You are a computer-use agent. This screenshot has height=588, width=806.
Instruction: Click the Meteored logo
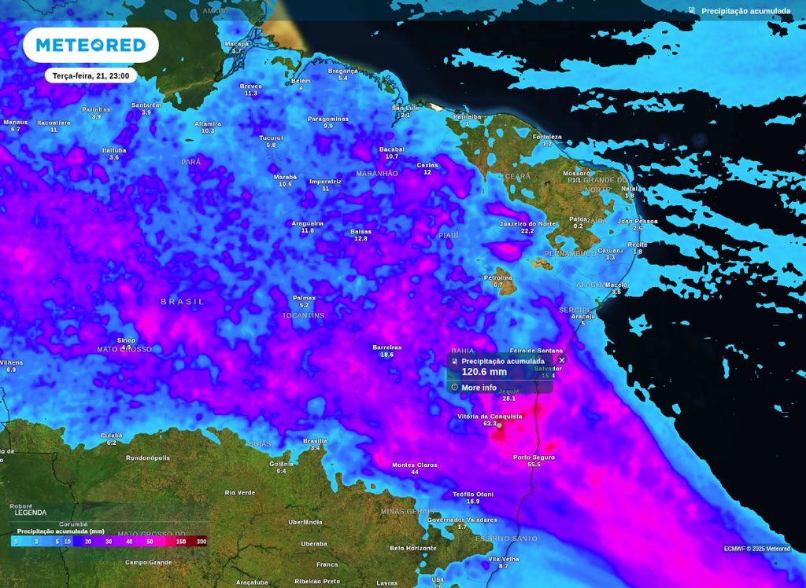tap(91, 45)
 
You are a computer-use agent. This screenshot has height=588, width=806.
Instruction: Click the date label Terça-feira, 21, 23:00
tap(91, 75)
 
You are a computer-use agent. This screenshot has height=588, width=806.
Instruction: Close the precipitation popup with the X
tap(561, 360)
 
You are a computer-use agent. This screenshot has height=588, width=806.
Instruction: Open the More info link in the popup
tap(479, 388)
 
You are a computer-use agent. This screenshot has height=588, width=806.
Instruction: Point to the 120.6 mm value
tap(483, 372)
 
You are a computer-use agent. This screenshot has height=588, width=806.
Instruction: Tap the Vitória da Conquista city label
tap(490, 417)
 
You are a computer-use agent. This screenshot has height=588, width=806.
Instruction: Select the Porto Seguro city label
tap(534, 458)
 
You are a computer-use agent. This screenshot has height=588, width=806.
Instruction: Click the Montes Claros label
tap(415, 465)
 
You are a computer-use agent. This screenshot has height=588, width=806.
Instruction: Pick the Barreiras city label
tap(387, 347)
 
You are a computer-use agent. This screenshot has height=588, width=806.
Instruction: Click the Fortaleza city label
tap(547, 137)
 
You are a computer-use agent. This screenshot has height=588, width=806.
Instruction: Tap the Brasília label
tap(315, 441)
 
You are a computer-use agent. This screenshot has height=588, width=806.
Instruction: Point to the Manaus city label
tap(15, 123)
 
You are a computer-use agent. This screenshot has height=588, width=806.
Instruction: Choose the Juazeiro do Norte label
tap(527, 224)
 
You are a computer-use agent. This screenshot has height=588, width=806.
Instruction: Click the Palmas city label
tap(304, 298)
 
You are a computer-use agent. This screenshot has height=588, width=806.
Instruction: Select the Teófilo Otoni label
tap(473, 494)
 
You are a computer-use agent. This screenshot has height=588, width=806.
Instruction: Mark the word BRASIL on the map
tap(183, 302)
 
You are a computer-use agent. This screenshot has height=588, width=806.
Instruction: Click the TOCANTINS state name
tap(303, 315)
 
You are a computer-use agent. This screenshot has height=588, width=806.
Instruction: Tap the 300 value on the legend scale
tap(201, 542)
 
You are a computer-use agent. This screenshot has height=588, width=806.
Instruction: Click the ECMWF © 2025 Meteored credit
tap(756, 549)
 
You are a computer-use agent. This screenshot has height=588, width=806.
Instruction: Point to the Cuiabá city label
tap(112, 435)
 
